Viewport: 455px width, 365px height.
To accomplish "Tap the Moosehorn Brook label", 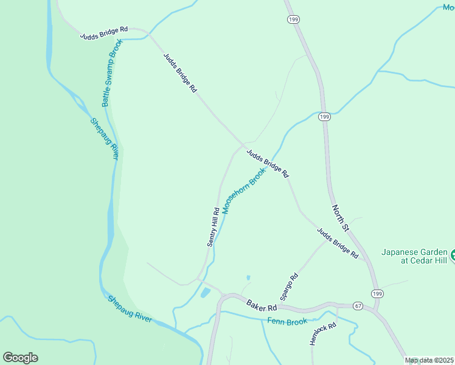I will tap(244, 192).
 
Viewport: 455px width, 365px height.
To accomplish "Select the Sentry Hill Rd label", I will tap(213, 228).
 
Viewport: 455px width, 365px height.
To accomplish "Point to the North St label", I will tap(340, 218).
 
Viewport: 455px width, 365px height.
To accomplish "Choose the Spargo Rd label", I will tap(290, 287).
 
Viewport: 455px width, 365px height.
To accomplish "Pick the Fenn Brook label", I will tap(287, 321).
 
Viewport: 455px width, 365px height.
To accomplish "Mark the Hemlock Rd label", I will tap(322, 335).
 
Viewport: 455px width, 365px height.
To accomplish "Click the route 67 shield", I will tap(358, 305).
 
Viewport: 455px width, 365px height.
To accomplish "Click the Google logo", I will tap(20, 358).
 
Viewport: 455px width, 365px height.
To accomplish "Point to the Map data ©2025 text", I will tap(429, 360).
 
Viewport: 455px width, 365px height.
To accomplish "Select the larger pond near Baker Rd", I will tap(205, 293).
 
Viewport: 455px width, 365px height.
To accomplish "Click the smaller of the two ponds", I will tap(248, 278).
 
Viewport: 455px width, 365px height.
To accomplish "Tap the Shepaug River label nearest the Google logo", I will tap(130, 308).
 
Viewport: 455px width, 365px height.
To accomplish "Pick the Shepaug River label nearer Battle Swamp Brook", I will tap(104, 138).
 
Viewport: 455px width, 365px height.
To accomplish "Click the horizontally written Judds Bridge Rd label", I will tap(104, 33).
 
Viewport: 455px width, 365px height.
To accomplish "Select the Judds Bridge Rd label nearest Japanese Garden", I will tap(337, 243).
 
